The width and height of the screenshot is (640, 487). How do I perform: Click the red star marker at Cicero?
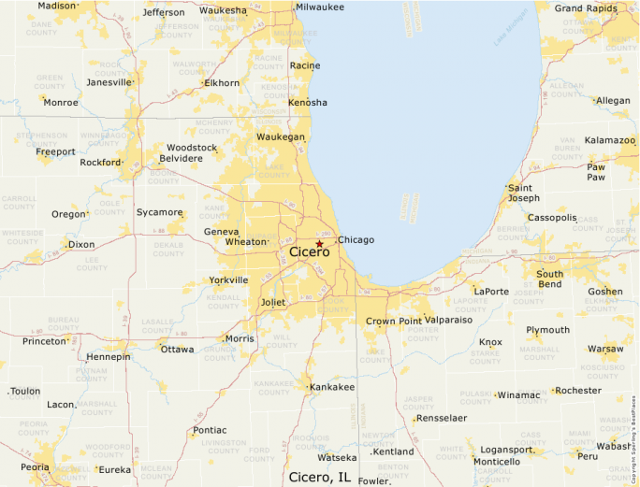319,243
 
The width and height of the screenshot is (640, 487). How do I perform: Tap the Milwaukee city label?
320,7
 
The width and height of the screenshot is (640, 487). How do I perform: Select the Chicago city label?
356,240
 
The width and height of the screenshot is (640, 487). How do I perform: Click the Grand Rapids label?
586,8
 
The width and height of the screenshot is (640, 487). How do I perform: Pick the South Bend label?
549,279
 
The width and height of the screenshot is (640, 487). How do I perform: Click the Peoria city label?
35,466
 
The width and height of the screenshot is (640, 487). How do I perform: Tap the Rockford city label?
100,163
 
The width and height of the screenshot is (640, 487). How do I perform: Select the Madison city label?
56,6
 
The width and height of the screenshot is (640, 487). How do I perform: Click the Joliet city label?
272,303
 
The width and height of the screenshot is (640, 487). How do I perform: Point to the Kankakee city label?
332,387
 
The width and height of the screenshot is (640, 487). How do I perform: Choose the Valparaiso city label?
448,320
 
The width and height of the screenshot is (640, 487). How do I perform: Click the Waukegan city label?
281,137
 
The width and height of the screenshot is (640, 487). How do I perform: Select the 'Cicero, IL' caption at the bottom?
319,477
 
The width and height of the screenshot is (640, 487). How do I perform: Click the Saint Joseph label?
524,193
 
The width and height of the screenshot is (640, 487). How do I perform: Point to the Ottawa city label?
178,350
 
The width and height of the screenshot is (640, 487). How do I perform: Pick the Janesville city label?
109,82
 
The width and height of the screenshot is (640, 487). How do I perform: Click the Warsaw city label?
605,350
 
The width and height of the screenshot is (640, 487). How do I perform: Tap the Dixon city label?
81,245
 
